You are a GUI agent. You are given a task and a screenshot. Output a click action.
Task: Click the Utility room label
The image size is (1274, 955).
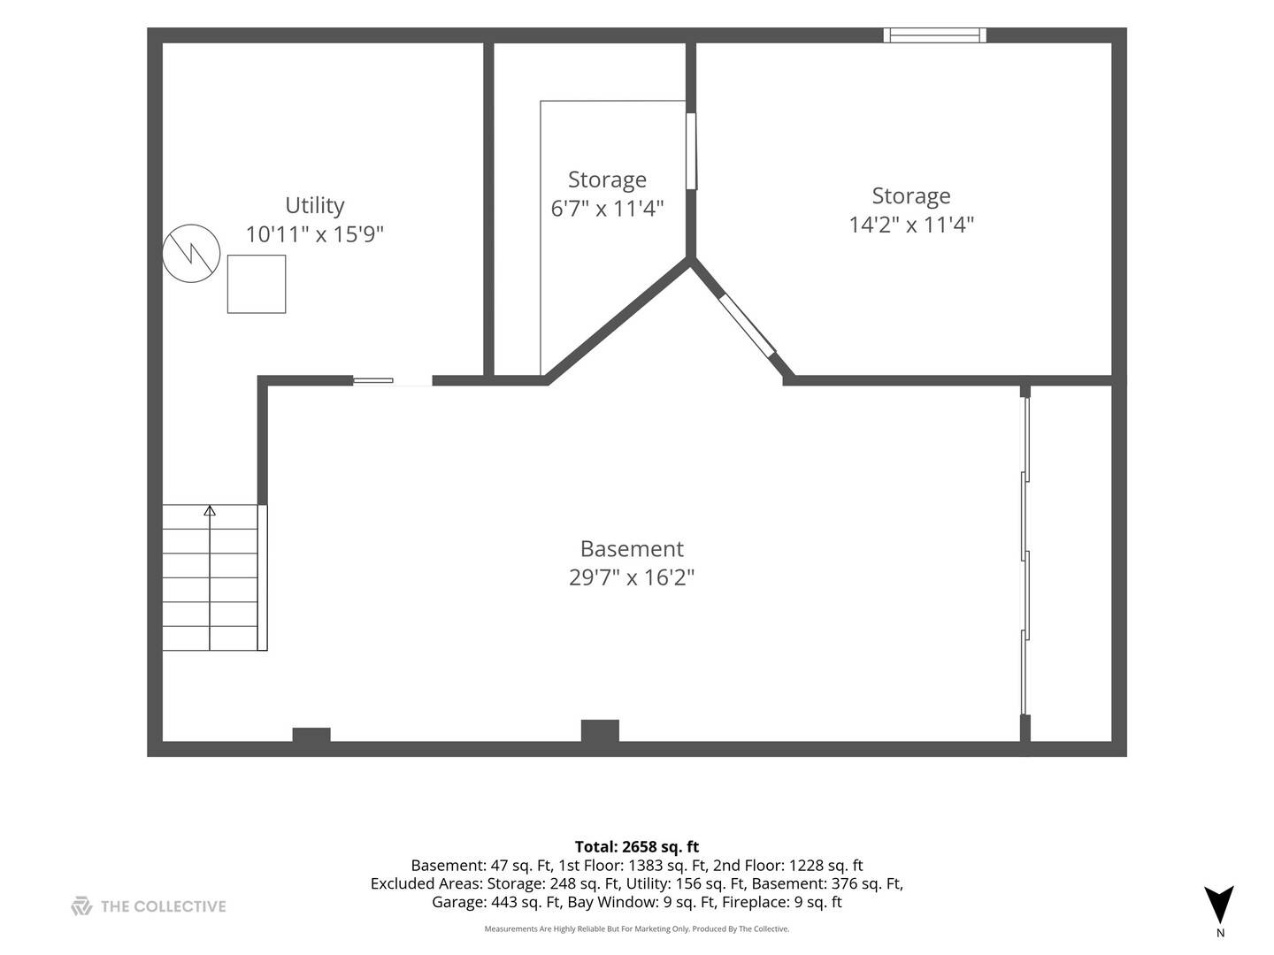point(315,206)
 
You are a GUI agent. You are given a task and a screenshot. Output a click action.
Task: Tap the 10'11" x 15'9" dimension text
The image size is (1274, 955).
point(315,234)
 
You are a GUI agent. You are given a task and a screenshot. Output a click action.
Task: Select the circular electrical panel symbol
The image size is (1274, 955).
point(191,254)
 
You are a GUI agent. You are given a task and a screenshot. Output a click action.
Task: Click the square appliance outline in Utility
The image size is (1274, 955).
point(257,284)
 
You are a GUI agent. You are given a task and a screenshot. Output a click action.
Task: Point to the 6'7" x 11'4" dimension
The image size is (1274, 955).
point(607,208)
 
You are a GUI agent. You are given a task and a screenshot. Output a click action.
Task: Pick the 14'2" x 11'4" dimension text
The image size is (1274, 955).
point(911,225)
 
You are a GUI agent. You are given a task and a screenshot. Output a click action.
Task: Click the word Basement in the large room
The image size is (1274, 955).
point(632,548)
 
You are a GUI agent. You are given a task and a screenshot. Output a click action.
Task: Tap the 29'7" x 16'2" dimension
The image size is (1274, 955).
point(632,577)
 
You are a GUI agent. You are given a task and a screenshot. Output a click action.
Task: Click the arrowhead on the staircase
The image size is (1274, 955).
point(210,510)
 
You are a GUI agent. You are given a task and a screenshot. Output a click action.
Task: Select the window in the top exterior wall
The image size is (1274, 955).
point(934,35)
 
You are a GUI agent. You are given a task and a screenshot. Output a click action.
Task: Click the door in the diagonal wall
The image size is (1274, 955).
point(747,325)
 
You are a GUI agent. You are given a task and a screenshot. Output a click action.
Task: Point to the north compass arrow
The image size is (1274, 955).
point(1219,904)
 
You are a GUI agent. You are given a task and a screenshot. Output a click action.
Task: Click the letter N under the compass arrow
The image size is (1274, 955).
point(1220,933)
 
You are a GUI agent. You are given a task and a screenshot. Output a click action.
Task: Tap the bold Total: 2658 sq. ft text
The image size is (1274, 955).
point(637,846)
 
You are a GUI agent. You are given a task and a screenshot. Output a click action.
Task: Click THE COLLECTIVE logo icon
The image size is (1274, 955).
point(81,905)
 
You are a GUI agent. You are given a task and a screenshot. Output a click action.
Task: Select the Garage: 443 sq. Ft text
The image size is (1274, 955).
point(497,902)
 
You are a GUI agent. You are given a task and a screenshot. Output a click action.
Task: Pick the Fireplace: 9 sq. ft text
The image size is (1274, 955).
point(782,902)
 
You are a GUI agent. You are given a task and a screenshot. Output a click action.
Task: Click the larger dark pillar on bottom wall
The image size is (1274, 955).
point(600,730)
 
